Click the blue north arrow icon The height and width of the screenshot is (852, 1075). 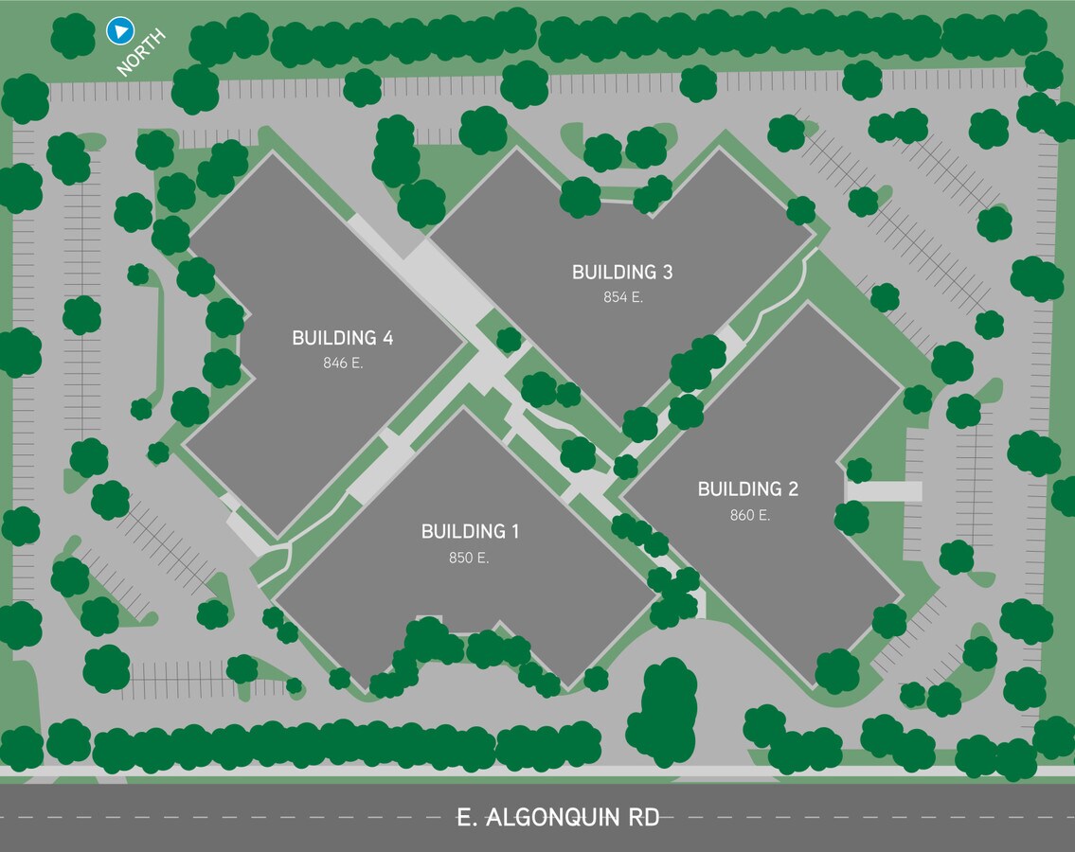pos(118,31)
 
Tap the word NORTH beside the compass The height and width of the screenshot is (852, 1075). pos(141,52)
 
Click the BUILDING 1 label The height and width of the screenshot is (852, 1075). pos(470,531)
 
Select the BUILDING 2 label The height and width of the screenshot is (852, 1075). pos(747,488)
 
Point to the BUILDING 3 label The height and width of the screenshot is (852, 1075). pos(622,273)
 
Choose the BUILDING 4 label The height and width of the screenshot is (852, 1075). pos(342,338)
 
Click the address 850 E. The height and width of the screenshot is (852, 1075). pos(469,559)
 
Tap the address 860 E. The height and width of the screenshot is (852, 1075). pos(749,516)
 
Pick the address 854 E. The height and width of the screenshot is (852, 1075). pos(623,297)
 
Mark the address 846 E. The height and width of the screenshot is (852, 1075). pos(343,364)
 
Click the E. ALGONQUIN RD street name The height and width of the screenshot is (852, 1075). pos(558,817)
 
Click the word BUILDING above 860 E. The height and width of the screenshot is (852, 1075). pos(736,488)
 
